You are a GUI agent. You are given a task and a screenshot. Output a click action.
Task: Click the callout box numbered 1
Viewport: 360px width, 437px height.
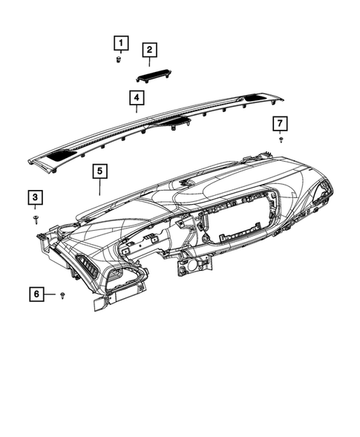120,42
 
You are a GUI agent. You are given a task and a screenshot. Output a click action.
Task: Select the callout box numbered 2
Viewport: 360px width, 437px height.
149,50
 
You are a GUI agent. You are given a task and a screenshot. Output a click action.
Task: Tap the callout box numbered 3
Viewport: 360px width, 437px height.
36,197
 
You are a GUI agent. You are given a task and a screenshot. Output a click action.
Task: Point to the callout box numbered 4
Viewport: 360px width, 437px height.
136,97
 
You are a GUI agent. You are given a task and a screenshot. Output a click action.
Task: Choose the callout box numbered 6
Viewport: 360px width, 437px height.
36,295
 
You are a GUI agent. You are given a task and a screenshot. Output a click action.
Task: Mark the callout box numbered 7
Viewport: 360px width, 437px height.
280,122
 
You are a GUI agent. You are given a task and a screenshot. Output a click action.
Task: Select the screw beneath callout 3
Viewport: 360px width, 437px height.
36,217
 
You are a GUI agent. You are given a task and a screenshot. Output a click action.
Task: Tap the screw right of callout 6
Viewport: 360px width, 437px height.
63,295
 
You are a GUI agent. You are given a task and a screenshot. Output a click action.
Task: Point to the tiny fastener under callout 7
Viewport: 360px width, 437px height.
281,139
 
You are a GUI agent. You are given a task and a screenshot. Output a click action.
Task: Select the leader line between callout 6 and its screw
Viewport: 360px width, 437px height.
51,295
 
